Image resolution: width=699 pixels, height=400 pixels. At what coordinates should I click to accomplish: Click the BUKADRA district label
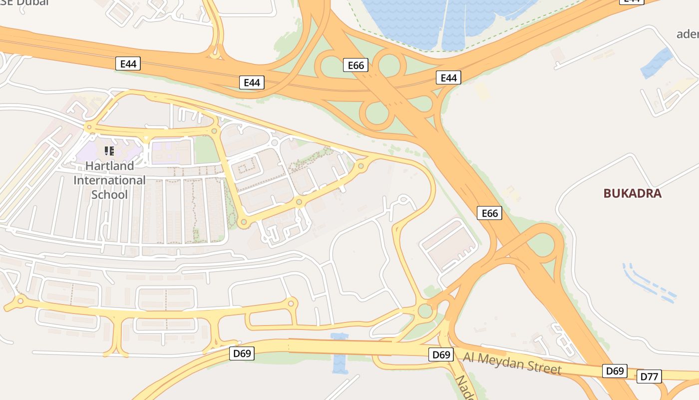[632, 193]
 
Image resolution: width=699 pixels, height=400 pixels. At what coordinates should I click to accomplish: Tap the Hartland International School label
[109, 179]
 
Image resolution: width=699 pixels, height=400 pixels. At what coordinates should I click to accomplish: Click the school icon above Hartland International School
[109, 150]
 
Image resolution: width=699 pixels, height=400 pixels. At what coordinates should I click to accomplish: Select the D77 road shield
[649, 376]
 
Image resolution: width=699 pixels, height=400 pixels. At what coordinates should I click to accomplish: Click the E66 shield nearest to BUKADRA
[489, 213]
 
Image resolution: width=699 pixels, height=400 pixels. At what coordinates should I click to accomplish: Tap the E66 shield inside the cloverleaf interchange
[355, 65]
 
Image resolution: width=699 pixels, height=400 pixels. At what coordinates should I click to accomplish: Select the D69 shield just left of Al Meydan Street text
[441, 355]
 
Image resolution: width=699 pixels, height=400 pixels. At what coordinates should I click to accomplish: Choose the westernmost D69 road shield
[242, 353]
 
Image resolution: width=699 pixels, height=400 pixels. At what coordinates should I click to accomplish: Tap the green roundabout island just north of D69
[425, 311]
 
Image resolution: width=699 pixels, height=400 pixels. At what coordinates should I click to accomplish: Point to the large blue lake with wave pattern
[449, 20]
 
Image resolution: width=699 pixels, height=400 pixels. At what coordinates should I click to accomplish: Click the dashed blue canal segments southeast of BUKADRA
[649, 282]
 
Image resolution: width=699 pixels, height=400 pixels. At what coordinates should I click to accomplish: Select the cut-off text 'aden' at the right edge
[688, 34]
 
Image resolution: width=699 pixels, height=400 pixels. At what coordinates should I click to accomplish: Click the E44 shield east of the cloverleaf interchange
[448, 77]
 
